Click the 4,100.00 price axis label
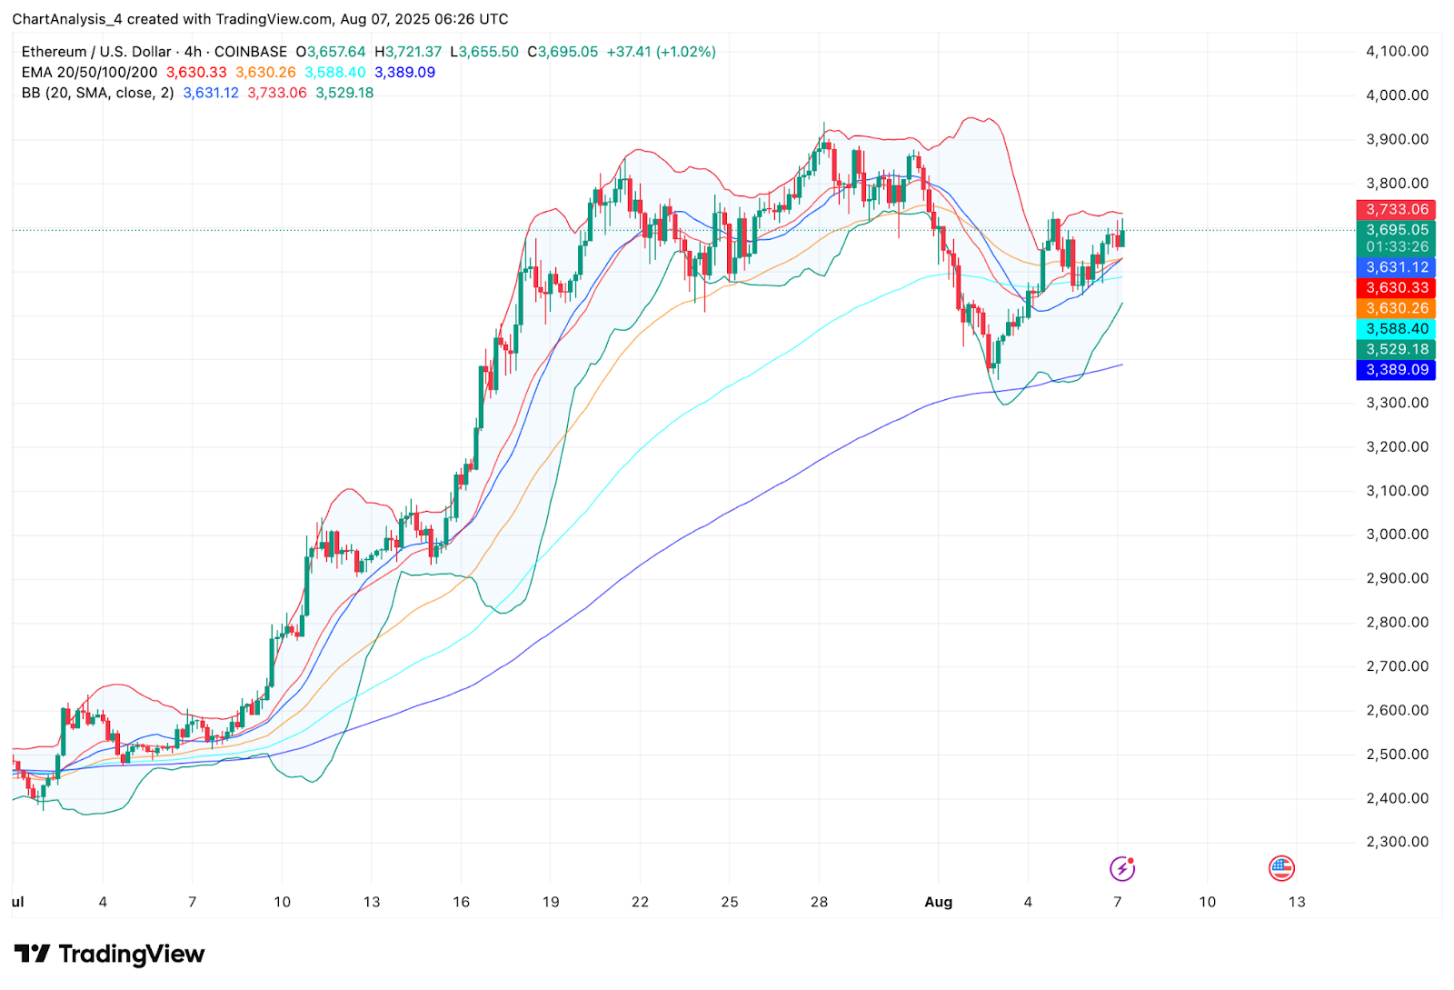[x=1397, y=51]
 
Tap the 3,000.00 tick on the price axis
[x=1397, y=535]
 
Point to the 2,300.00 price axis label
[x=1397, y=842]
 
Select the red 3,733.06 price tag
[x=1396, y=209]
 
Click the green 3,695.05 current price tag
[x=1396, y=230]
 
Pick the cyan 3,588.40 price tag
[x=1396, y=329]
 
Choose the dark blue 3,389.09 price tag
[x=1396, y=370]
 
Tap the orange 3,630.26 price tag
[x=1396, y=308]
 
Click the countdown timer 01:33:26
[x=1396, y=247]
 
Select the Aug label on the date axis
[x=938, y=902]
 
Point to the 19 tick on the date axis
[x=551, y=902]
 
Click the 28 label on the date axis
[x=820, y=902]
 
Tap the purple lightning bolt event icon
[x=1122, y=869]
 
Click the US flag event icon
[x=1281, y=869]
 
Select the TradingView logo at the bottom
[x=109, y=954]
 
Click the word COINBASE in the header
[x=251, y=52]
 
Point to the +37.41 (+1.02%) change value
[x=662, y=52]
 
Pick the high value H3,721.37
[x=408, y=52]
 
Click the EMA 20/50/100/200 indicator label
[x=89, y=73]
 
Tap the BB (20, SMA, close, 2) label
[x=97, y=93]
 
